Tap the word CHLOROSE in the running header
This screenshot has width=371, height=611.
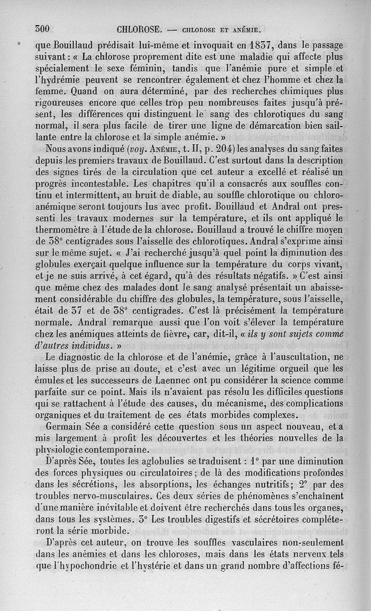[x=139, y=30]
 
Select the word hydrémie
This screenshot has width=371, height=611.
[x=62, y=81]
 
